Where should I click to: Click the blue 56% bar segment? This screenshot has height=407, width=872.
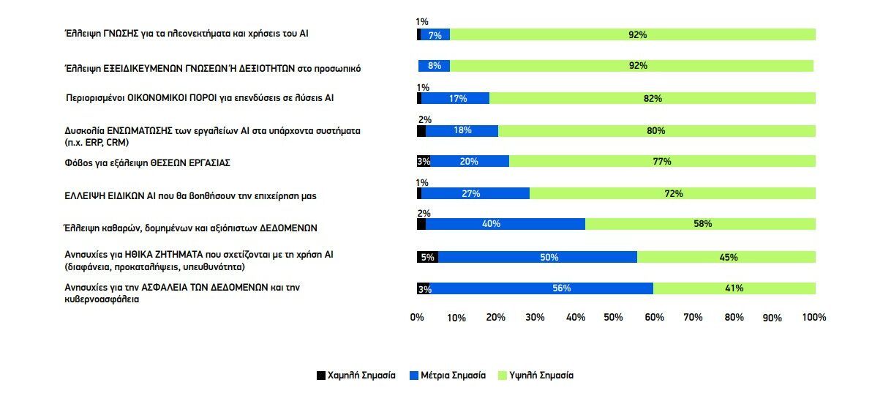(x=541, y=288)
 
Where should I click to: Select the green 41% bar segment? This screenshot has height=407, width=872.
(x=734, y=288)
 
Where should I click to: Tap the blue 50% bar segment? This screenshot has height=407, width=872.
(x=538, y=257)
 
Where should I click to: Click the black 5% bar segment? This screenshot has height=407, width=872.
(x=427, y=257)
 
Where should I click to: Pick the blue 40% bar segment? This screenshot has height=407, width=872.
(x=505, y=225)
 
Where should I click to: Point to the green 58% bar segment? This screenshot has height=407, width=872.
(x=700, y=225)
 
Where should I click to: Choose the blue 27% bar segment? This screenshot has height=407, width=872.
(x=476, y=193)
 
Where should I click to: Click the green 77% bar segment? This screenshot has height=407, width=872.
(x=662, y=162)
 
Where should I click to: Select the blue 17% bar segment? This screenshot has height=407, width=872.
(x=455, y=98)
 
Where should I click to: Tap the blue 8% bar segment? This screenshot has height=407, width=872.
(x=434, y=66)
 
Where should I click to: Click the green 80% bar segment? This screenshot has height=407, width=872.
(x=656, y=130)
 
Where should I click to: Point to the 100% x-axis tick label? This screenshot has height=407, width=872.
(x=813, y=318)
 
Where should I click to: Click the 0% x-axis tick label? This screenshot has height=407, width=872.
(x=417, y=318)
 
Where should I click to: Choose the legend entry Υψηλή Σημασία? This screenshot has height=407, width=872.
(x=541, y=376)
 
